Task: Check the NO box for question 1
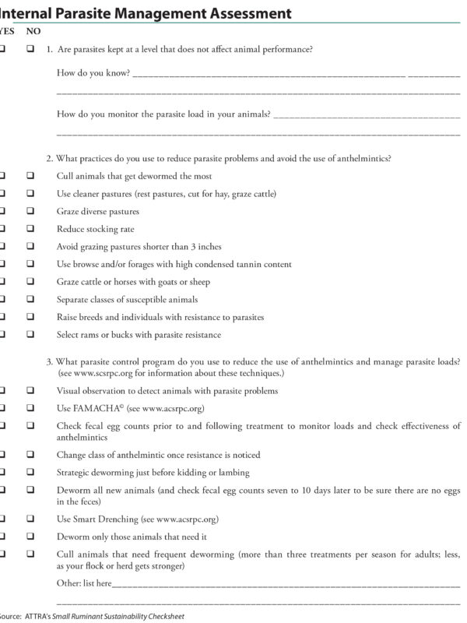[x=30, y=49]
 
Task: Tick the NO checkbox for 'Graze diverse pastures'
[x=30, y=211]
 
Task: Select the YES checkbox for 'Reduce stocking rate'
[x=4, y=229]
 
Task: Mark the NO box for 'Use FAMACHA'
[x=30, y=408]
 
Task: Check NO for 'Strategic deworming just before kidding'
[x=30, y=472]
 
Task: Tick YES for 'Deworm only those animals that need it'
[x=4, y=536]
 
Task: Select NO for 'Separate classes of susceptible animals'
[x=30, y=299]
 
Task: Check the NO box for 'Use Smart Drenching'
[x=30, y=518]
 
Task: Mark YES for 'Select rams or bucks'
[x=4, y=335]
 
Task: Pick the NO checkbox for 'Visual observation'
[x=30, y=390]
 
